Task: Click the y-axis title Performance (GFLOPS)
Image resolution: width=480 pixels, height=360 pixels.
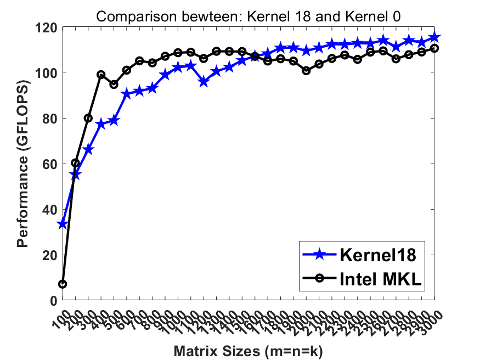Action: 22,164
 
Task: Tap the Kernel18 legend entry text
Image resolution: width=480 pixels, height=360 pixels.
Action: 380,255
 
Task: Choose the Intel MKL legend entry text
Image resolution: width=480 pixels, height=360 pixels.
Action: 380,280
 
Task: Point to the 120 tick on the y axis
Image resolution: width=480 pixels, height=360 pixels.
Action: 48,26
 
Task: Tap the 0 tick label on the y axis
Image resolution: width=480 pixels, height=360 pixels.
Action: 54,301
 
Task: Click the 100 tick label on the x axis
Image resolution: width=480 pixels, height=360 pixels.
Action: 59,315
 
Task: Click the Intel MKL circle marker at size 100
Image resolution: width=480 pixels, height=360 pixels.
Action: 63,284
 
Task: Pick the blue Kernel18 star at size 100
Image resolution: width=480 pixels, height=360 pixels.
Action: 63,224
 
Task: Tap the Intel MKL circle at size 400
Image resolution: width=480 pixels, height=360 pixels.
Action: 101,75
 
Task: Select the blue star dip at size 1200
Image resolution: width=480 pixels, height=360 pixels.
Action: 204,82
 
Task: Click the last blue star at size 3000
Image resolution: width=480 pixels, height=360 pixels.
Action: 434,37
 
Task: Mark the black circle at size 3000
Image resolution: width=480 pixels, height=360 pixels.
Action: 434,48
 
